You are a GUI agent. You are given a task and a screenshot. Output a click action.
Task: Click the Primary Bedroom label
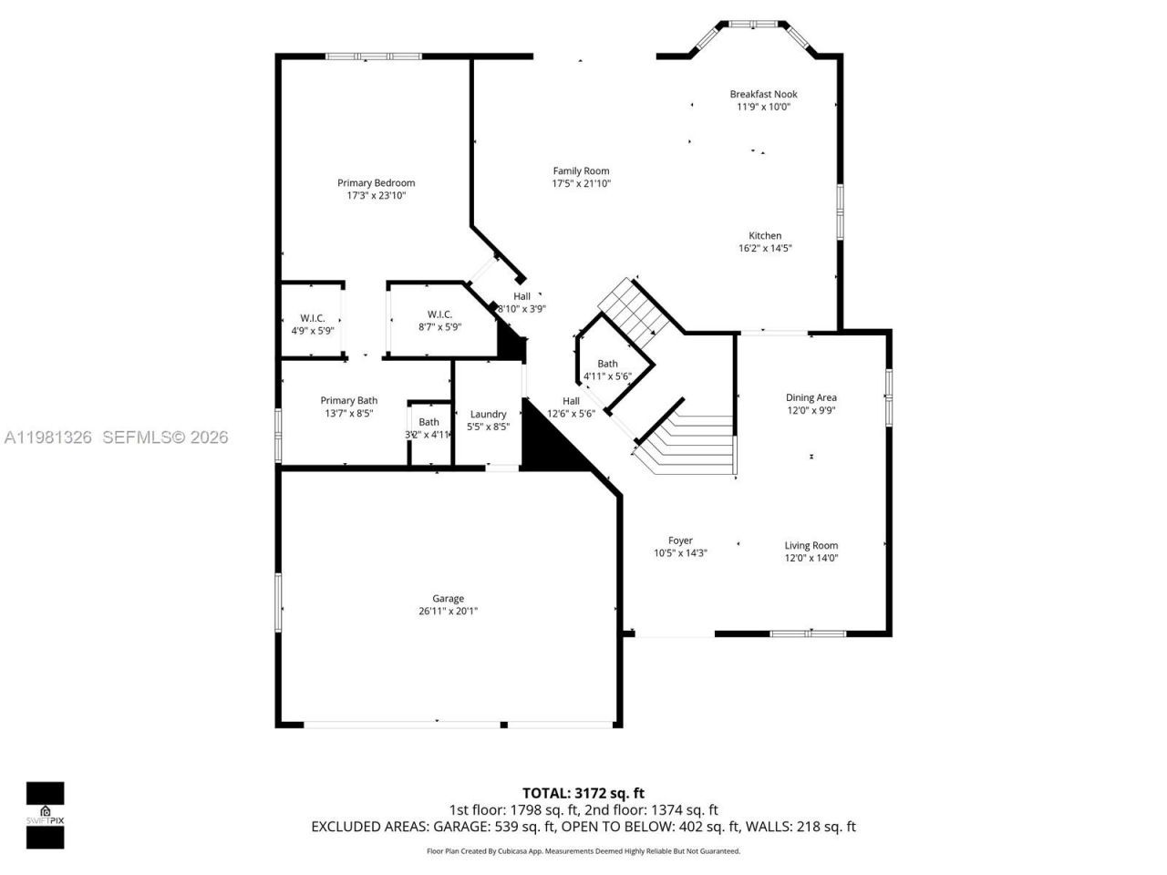click(376, 182)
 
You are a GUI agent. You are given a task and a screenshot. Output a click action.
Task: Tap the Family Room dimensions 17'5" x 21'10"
click(581, 184)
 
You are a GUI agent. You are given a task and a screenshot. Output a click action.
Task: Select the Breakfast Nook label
click(763, 94)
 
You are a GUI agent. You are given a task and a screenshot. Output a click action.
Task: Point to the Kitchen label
click(765, 235)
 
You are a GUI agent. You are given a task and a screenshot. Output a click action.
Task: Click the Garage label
click(448, 599)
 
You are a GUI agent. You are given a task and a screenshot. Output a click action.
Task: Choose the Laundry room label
click(488, 414)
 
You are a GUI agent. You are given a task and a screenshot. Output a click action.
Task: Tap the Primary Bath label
click(348, 400)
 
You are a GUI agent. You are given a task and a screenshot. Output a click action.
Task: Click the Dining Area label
click(811, 397)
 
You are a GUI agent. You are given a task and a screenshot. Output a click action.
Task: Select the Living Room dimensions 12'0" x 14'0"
click(811, 558)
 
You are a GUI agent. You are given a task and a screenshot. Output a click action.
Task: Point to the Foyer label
click(680, 540)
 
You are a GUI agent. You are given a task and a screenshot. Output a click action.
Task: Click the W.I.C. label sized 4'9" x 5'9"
click(312, 318)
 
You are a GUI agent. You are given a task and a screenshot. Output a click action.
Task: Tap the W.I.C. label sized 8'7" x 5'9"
click(439, 314)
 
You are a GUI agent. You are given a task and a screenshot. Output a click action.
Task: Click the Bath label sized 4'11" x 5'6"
click(607, 364)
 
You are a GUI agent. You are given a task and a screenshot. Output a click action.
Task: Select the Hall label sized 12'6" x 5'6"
click(571, 401)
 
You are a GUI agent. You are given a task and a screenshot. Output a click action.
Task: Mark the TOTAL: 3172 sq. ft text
click(583, 793)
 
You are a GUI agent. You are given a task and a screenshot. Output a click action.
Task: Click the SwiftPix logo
click(45, 815)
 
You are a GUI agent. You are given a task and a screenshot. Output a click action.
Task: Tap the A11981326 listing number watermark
click(47, 437)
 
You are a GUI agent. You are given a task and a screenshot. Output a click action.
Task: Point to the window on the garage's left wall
click(278, 601)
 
